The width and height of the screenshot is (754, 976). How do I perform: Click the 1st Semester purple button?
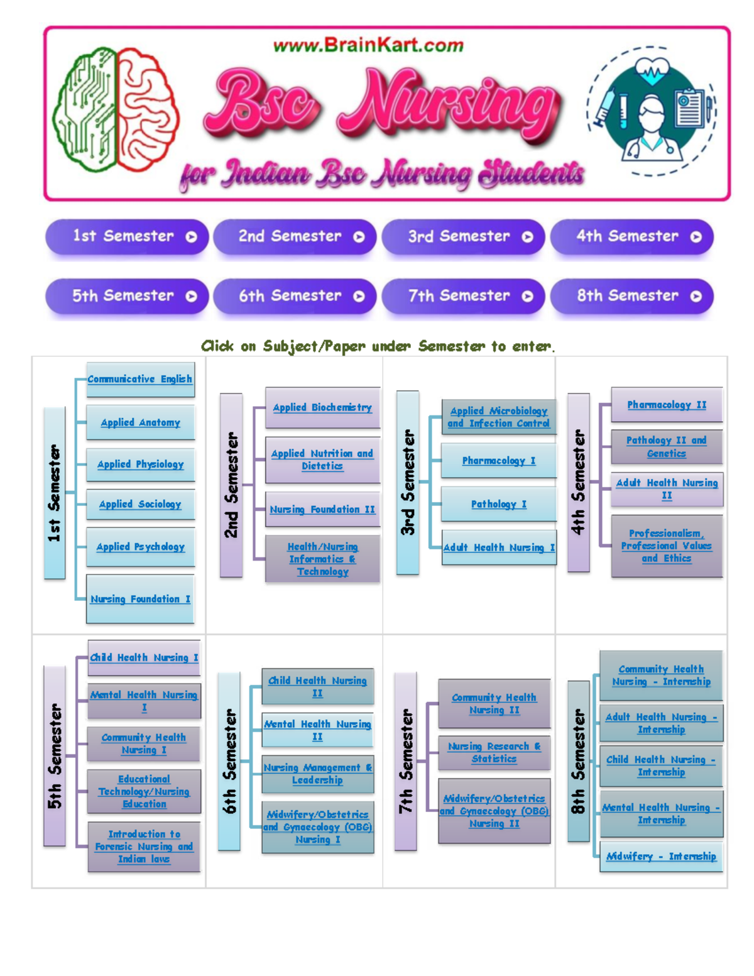tap(126, 237)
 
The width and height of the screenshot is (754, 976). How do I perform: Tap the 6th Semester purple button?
tap(294, 296)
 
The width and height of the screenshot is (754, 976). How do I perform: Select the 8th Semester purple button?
tap(631, 296)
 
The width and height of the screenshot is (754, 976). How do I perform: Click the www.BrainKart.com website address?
tap(368, 45)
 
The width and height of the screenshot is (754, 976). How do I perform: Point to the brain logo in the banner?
tap(116, 111)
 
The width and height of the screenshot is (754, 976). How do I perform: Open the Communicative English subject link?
tap(139, 379)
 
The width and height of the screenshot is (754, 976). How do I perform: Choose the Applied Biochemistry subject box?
tap(322, 407)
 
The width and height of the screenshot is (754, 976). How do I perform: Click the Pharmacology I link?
tap(499, 461)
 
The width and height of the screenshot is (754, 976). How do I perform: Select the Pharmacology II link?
tap(667, 405)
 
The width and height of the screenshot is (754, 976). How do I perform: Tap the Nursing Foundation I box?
tap(140, 599)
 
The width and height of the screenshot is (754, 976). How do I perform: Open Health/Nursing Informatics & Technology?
tap(322, 559)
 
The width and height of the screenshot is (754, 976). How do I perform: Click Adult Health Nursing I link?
tap(499, 547)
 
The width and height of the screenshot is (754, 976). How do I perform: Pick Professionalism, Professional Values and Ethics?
tap(667, 546)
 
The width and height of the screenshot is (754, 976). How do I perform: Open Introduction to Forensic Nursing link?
tap(144, 846)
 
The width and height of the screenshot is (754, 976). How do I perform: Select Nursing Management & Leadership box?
tap(317, 774)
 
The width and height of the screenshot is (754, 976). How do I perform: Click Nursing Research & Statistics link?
tap(494, 752)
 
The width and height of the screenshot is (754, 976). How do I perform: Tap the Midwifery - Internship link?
tap(661, 856)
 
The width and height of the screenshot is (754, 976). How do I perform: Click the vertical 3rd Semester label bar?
tap(408, 482)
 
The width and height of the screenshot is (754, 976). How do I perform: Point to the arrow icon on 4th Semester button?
tap(696, 237)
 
